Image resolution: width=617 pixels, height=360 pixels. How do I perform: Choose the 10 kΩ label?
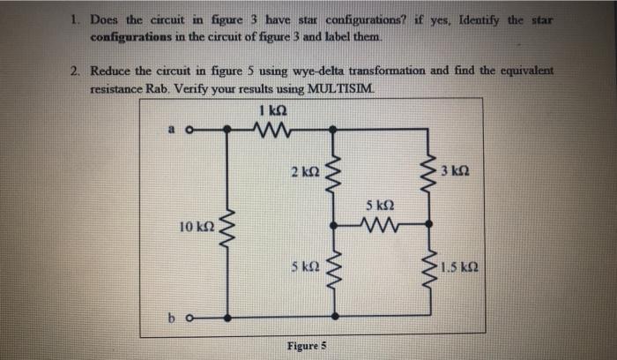click(x=194, y=228)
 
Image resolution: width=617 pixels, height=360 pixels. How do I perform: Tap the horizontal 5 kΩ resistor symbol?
click(x=382, y=224)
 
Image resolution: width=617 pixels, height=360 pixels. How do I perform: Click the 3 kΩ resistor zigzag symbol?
click(x=433, y=169)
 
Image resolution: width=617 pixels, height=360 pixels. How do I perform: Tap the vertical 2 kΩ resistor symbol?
click(x=333, y=172)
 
